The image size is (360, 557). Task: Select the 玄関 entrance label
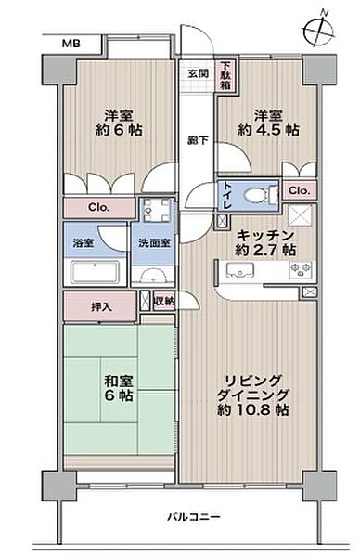click(x=198, y=74)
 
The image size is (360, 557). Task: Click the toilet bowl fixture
click(x=265, y=194)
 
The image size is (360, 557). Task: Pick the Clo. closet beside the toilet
click(x=298, y=190)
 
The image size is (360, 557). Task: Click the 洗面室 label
click(x=154, y=242)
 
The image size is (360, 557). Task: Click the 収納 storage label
click(x=163, y=301)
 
